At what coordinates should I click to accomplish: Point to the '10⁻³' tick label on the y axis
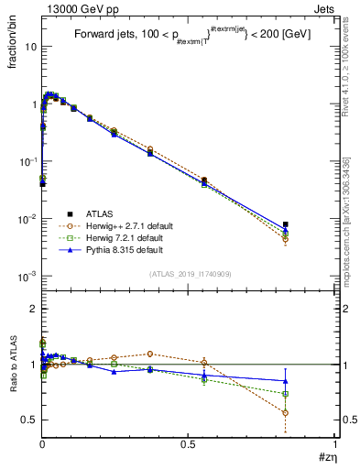[27, 276]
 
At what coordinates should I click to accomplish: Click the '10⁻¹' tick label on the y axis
[27, 161]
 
